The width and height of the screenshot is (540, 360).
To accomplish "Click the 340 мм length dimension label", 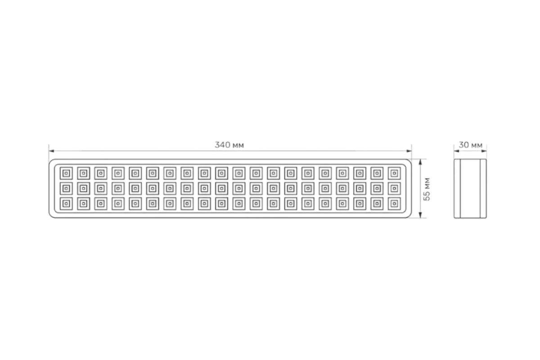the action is point(229,145).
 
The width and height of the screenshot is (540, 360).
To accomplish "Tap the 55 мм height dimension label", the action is point(427,189).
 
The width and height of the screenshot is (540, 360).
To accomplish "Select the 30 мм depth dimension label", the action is point(471,145).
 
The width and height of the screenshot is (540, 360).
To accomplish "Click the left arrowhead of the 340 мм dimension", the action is point(51,151).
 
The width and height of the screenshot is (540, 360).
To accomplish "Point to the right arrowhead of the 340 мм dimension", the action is point(409,151).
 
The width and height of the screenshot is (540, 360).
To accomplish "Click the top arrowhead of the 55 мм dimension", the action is point(420,162).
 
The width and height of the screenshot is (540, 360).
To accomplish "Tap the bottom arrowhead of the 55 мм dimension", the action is point(420,215).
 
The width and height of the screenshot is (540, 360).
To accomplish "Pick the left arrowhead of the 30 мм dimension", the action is point(457,151).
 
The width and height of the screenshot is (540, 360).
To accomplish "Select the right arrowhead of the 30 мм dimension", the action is point(484,151).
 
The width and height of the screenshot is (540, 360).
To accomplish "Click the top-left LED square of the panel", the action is point(66,173).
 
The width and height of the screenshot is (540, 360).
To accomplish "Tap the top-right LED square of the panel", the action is point(394,173).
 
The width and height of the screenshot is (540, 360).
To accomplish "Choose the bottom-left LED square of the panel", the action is point(66,204).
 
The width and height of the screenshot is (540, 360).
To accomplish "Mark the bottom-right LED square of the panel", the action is point(394,204).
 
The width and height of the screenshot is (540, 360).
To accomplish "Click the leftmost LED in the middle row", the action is point(66,189).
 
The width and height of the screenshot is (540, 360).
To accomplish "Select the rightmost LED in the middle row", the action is point(394,189).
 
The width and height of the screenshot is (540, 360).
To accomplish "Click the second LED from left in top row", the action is point(84,173).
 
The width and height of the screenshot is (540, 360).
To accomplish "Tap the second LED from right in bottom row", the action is point(377,204).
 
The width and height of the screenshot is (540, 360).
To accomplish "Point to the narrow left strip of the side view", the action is point(457,189).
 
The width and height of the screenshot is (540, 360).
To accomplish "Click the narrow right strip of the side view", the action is point(483,189).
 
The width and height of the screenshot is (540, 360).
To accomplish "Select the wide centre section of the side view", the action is point(470,189).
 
